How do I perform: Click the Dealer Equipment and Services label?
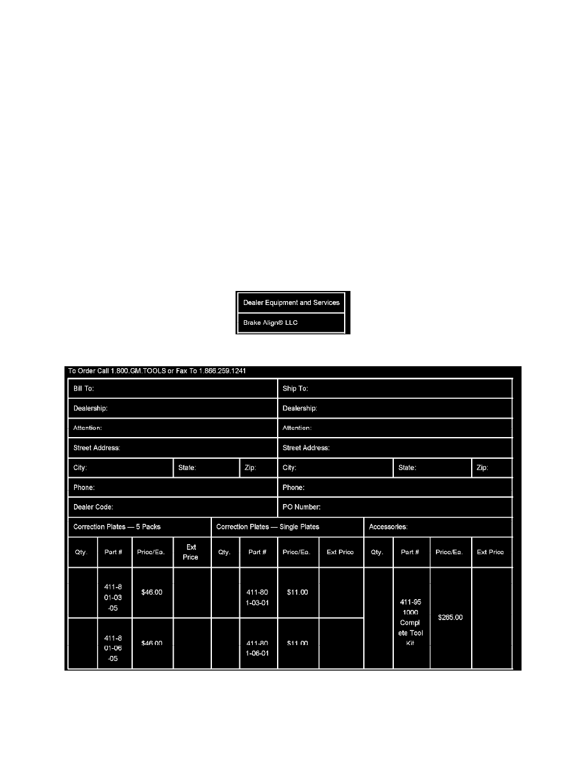[x=291, y=302]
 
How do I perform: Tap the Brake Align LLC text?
[x=271, y=323]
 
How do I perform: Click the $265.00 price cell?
[x=450, y=618]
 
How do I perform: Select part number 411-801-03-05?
[x=114, y=592]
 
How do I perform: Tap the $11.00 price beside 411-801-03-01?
[x=297, y=592]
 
